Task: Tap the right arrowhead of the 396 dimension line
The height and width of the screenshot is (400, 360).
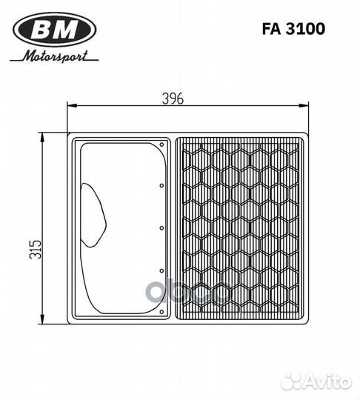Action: coord(304,106)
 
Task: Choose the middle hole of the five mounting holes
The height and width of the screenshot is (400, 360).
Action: coord(161,229)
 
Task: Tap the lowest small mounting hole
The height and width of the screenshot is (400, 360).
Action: coord(161,313)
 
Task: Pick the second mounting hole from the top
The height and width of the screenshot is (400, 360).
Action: coord(161,186)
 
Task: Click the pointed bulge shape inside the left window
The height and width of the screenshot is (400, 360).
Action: coord(94,215)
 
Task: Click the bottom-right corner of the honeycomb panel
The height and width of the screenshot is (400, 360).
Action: coord(301,319)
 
